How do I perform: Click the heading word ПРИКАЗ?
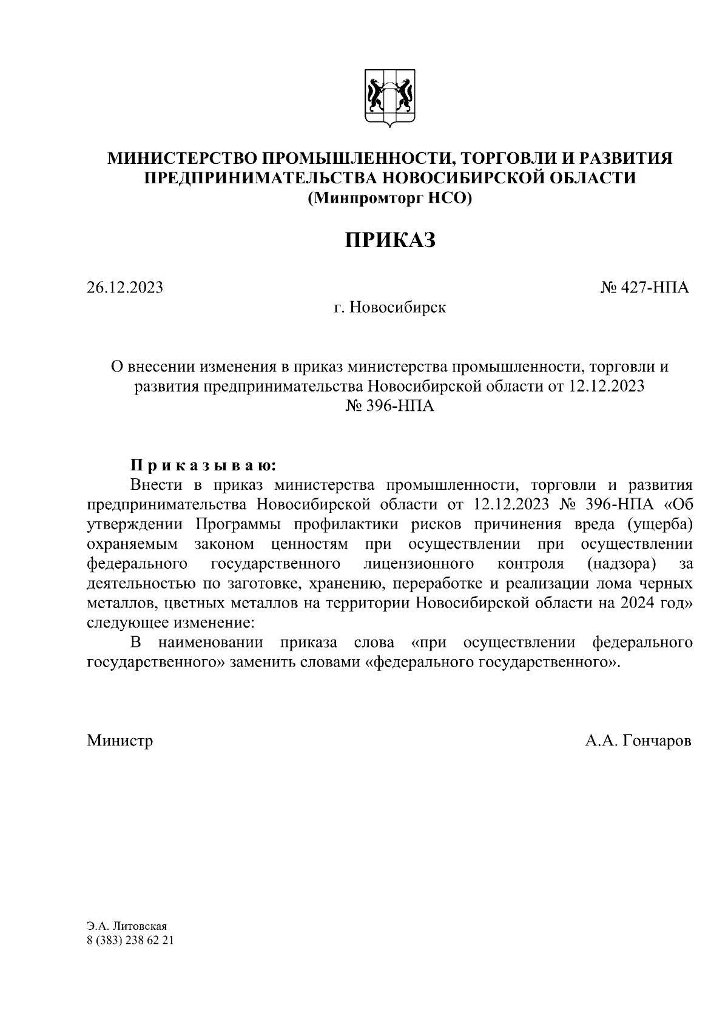click(x=391, y=240)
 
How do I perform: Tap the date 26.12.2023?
click(x=125, y=288)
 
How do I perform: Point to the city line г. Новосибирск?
click(x=389, y=308)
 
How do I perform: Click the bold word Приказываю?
click(x=203, y=466)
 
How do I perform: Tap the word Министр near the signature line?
click(x=120, y=740)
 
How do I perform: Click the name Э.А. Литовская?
click(x=126, y=927)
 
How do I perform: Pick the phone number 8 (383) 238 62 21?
click(x=130, y=941)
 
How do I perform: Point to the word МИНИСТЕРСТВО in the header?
click(x=183, y=158)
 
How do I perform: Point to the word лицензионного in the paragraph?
click(x=419, y=564)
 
